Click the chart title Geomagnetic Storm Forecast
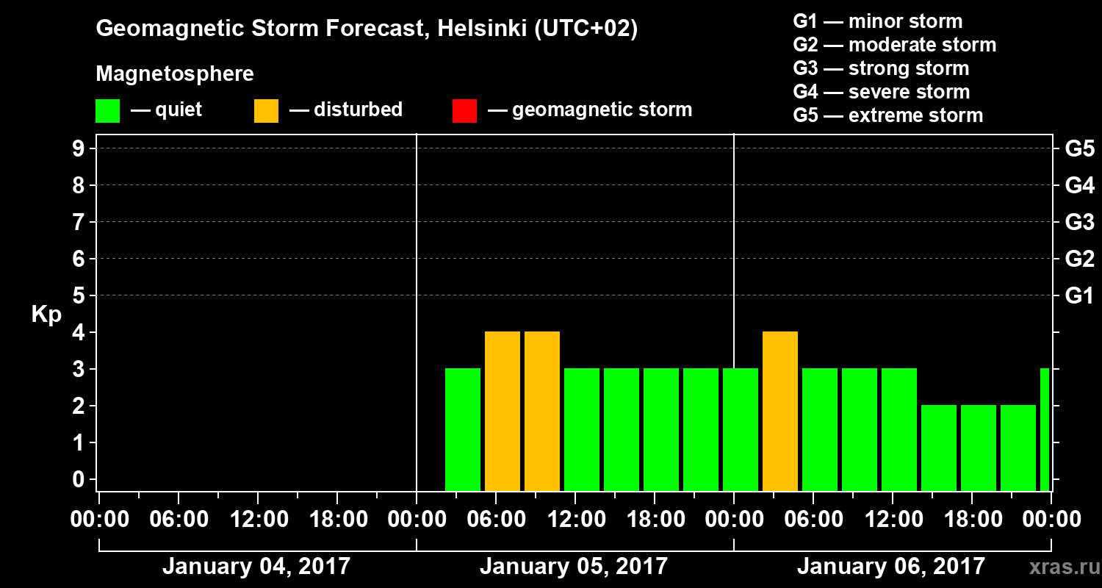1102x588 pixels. click(x=367, y=29)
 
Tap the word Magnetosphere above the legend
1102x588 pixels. click(x=175, y=74)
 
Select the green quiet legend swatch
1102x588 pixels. click(x=107, y=111)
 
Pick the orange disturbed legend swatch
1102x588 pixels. click(x=266, y=111)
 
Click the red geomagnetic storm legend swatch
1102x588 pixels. click(x=464, y=111)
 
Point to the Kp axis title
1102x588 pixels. click(x=46, y=315)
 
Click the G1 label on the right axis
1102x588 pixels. click(x=1079, y=296)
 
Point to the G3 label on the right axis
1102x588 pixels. click(x=1079, y=222)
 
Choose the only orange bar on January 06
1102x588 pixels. click(x=780, y=412)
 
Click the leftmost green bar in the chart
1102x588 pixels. click(x=463, y=430)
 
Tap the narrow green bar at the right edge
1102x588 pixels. click(x=1045, y=430)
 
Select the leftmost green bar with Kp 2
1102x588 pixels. click(x=939, y=448)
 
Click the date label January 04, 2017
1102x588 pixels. click(x=256, y=567)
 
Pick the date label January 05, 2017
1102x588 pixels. click(x=574, y=567)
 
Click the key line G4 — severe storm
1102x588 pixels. click(x=882, y=92)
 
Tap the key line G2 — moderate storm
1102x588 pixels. click(x=895, y=45)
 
